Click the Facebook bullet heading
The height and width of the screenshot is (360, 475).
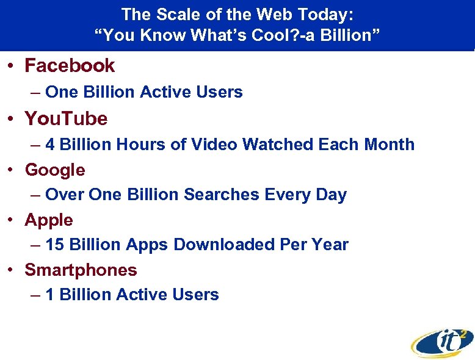click(70, 65)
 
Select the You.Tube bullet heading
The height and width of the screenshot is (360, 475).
click(66, 118)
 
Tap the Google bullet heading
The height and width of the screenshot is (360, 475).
click(55, 170)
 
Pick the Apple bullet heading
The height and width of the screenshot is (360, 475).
click(49, 220)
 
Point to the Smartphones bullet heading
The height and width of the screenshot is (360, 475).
click(81, 270)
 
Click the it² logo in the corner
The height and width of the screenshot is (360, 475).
click(442, 341)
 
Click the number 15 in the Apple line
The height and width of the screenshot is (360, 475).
click(55, 245)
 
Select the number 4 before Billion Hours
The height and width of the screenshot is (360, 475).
click(50, 145)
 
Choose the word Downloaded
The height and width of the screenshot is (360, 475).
click(224, 245)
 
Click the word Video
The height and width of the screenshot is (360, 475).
click(214, 145)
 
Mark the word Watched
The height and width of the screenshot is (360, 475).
click(278, 145)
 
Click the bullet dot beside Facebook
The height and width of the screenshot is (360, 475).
click(13, 66)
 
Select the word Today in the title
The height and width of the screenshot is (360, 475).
click(316, 13)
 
